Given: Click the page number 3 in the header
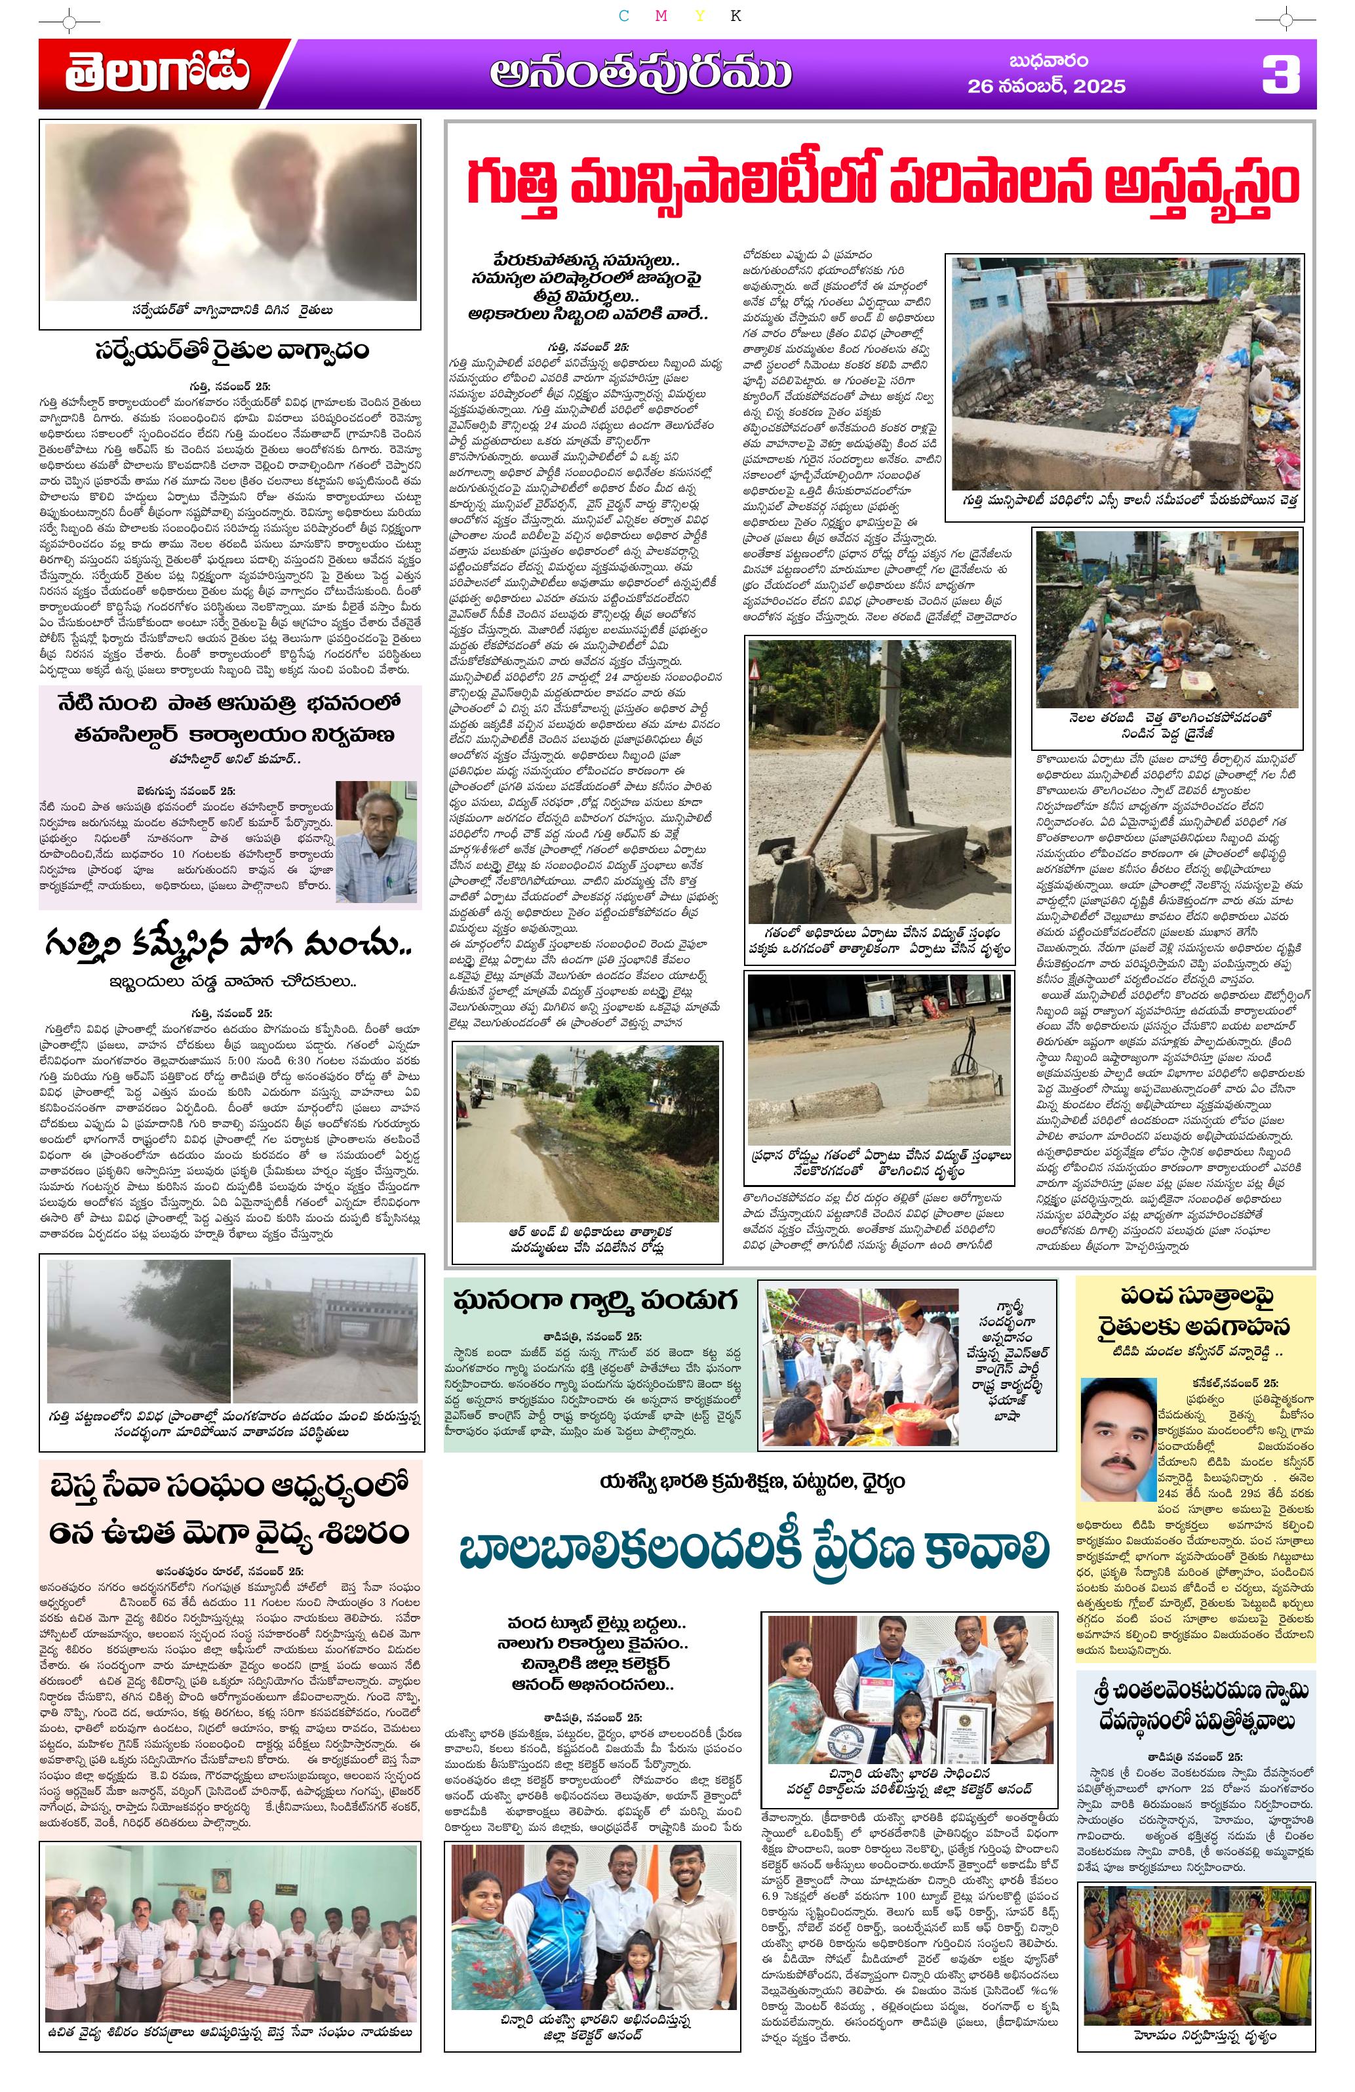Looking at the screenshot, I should [x=1280, y=74].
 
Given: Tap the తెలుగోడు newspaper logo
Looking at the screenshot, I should [x=157, y=74].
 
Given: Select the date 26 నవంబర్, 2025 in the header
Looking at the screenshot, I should [x=1046, y=85].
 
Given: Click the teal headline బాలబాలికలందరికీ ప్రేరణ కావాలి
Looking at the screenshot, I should [x=753, y=1552].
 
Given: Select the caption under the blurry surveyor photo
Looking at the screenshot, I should [x=231, y=310].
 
